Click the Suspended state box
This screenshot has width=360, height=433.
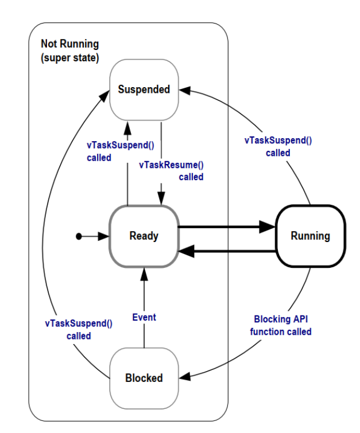pos(144,89)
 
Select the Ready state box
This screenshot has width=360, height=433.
pos(144,236)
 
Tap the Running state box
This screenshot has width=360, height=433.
pos(310,236)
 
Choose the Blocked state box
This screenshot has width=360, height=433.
pos(144,378)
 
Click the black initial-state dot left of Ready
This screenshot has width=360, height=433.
pos(79,236)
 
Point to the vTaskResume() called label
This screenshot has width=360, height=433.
pos(172,170)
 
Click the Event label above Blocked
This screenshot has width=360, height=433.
pos(144,317)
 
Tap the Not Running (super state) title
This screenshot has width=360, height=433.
pos(70,50)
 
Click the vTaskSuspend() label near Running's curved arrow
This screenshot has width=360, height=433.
pos(278,146)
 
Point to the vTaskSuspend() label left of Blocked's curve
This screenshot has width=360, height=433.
pos(79,329)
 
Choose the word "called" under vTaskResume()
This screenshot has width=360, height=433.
pos(191,177)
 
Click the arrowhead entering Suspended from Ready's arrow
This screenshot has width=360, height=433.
pos(127,126)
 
